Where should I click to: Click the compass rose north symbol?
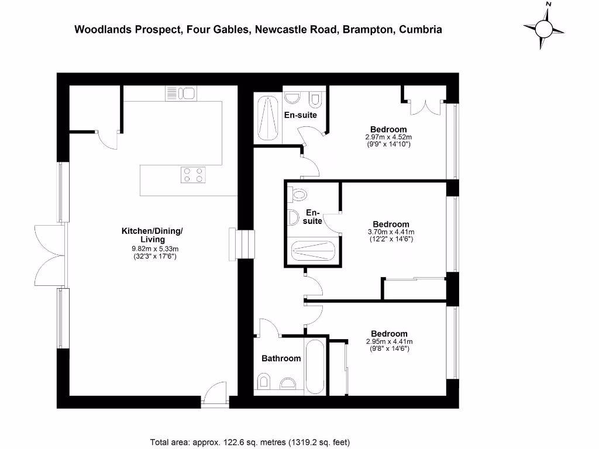(x=543, y=26)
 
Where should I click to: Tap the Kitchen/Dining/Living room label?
(x=152, y=235)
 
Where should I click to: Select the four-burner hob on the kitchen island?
(x=194, y=174)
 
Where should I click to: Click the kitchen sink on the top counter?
(x=181, y=93)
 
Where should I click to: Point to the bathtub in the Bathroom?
(x=315, y=366)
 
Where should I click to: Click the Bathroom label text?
(x=281, y=358)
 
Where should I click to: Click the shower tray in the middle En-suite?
(x=314, y=252)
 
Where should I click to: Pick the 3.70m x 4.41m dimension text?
(x=391, y=232)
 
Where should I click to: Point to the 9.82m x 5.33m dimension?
(x=152, y=249)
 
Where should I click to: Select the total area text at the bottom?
(x=250, y=442)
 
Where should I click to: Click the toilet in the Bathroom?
(x=264, y=383)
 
